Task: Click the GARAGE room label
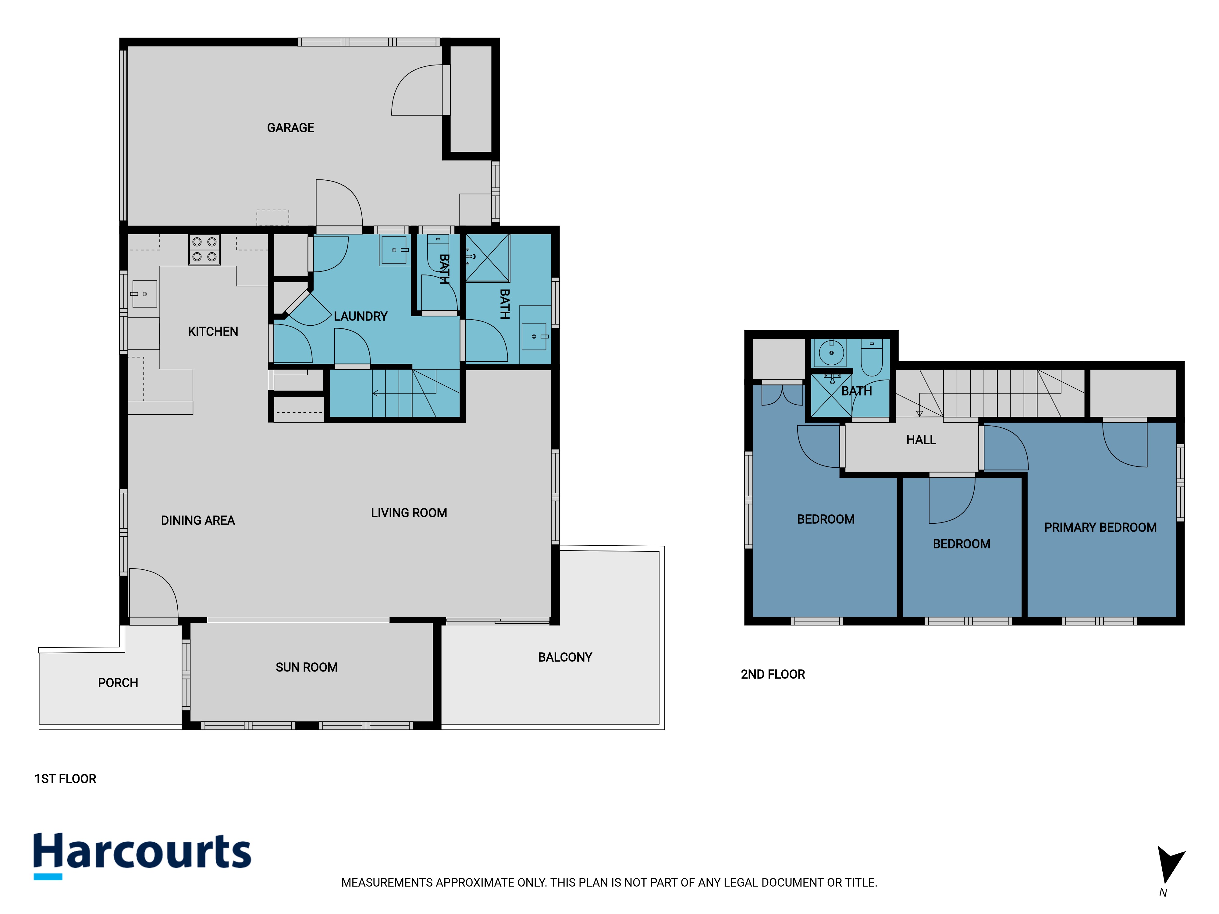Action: point(290,128)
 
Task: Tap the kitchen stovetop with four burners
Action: point(204,250)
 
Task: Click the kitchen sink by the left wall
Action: point(144,294)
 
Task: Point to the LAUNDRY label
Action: point(361,316)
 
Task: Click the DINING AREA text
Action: point(198,521)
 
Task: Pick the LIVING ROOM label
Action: point(409,513)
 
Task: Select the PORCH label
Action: point(118,683)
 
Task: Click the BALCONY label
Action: point(565,657)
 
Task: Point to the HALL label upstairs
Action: point(921,440)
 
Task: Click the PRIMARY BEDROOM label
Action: point(1100,527)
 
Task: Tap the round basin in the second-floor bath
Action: point(832,352)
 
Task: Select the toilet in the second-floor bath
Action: point(872,358)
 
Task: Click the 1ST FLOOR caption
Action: point(66,778)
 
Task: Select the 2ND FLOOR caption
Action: point(773,674)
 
